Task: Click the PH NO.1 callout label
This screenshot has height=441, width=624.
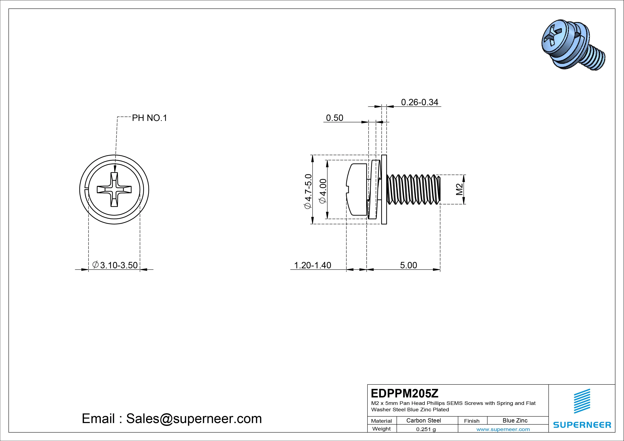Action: (x=149, y=118)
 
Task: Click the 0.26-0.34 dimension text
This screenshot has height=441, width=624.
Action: (x=420, y=102)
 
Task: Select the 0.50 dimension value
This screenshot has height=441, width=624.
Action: (x=335, y=118)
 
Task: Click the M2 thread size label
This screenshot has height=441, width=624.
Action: (x=459, y=189)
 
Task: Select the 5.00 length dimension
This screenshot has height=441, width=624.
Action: (x=408, y=265)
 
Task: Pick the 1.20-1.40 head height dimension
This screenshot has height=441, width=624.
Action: (x=313, y=265)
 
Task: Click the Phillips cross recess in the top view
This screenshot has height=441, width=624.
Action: (x=114, y=189)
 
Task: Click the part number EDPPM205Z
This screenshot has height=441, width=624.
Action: (x=404, y=393)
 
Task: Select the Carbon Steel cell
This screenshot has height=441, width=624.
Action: (x=423, y=421)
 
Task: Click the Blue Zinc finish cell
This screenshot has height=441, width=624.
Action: (x=515, y=421)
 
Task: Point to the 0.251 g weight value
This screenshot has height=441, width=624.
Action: (x=426, y=429)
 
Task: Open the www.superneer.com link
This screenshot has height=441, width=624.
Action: (x=503, y=429)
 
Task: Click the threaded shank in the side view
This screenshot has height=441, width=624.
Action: (x=413, y=189)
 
